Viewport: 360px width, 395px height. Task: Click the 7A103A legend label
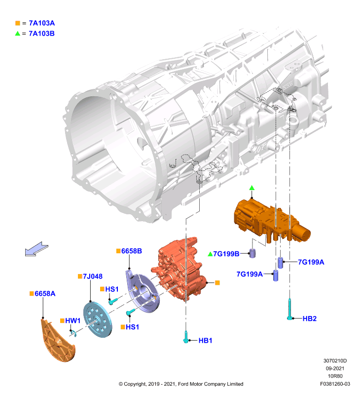(x=42, y=23)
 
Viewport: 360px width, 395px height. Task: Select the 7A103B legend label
(x=42, y=34)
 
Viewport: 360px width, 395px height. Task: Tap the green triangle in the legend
(x=18, y=33)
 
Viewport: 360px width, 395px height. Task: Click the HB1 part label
(x=205, y=341)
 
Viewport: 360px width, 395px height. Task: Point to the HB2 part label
(x=309, y=318)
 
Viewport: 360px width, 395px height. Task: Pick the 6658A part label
(x=45, y=294)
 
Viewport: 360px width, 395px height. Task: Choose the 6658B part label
(x=132, y=251)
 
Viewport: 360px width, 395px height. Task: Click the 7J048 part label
(x=93, y=276)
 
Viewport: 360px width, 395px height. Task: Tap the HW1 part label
(x=72, y=320)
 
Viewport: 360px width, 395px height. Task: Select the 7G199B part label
(x=226, y=254)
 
